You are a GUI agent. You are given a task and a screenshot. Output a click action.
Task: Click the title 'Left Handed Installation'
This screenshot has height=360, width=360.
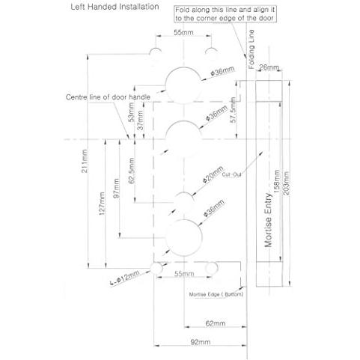coord(115,7)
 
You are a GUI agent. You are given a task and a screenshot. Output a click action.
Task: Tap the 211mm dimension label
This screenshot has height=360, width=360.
coord(85,161)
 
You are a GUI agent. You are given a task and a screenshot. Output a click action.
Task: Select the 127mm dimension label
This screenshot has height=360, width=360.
coord(102,204)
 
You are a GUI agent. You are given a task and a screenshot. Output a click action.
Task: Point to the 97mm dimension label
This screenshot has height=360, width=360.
coord(116,189)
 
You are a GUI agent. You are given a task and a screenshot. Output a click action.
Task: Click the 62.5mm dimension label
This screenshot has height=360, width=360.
coord(131,171)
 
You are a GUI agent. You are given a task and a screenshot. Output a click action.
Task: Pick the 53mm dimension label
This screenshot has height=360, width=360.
coord(131,112)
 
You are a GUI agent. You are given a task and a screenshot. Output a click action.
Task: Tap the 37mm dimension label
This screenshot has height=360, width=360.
coord(141,120)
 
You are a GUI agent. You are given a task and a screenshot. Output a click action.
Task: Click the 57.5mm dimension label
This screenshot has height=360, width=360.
coord(233,110)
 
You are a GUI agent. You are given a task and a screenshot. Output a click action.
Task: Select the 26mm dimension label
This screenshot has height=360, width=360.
coord(269,67)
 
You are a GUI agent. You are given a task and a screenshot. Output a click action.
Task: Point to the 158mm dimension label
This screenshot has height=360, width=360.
coord(276,181)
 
